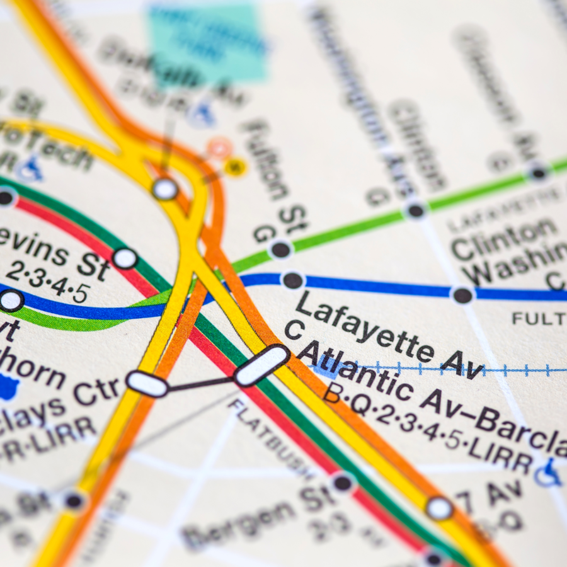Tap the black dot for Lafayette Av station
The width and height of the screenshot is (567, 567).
click(x=293, y=280)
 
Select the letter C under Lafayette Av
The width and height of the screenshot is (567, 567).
click(x=294, y=329)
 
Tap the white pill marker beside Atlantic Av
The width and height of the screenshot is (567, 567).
click(x=261, y=365)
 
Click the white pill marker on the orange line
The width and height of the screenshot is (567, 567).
click(x=147, y=384)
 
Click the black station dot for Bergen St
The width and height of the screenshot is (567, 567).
click(x=343, y=483)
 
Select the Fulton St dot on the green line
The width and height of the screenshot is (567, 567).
click(x=281, y=250)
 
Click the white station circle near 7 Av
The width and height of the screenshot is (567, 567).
click(x=439, y=508)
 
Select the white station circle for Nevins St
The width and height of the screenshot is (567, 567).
click(x=125, y=258)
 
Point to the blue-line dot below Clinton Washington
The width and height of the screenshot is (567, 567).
click(x=462, y=294)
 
